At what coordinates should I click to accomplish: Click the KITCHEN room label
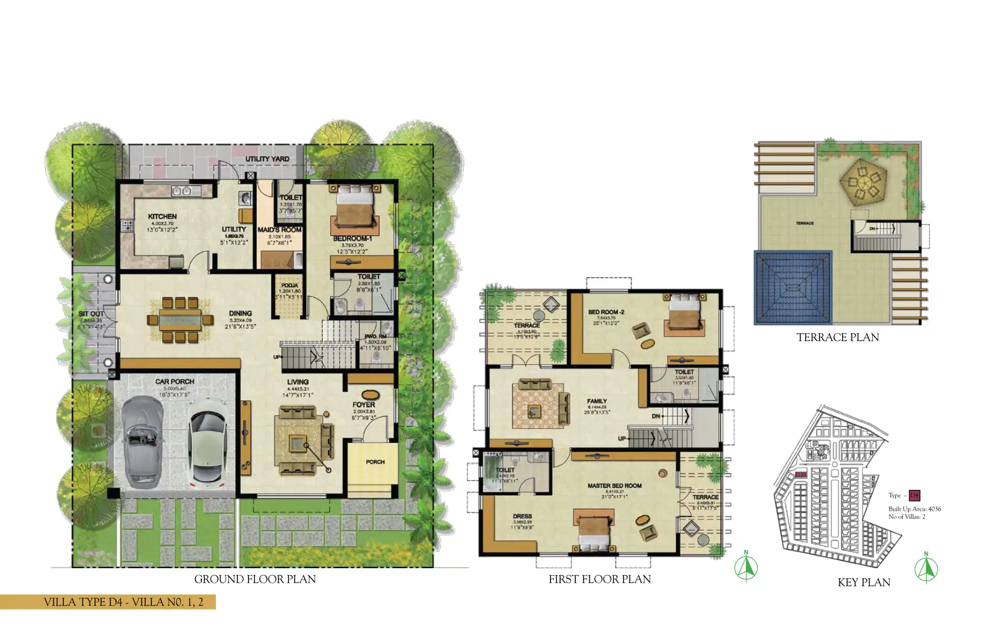click(162, 216)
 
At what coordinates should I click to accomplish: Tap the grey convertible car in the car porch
click(142, 442)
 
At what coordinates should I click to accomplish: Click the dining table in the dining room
click(180, 320)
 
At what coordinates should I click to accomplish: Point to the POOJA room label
click(289, 286)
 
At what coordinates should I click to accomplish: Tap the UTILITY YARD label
click(267, 159)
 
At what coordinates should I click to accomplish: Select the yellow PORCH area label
click(375, 462)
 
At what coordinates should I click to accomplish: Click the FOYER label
click(364, 404)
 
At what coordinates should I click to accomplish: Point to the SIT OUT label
click(90, 314)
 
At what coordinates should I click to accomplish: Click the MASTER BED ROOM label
click(614, 485)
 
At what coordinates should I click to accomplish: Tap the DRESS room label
click(522, 516)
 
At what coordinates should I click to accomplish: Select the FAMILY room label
click(597, 401)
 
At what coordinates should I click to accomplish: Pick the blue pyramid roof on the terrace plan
click(793, 288)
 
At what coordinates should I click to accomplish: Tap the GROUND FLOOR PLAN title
click(255, 579)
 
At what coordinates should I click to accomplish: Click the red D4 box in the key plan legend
click(914, 495)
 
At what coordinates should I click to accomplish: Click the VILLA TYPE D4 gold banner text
click(124, 601)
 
